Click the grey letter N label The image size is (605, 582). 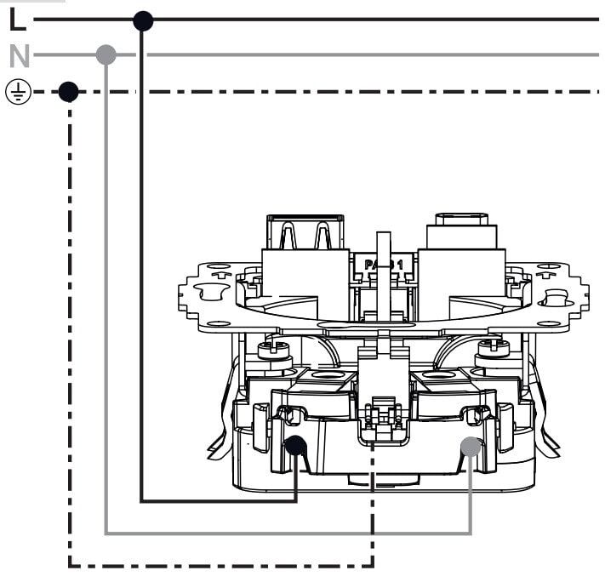(19, 57)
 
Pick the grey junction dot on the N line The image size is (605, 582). (106, 55)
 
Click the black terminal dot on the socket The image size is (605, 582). (295, 445)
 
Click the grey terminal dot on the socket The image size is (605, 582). (471, 445)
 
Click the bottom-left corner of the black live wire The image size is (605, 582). (143, 501)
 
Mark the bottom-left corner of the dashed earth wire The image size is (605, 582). (69, 564)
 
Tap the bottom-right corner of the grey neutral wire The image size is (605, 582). (471, 533)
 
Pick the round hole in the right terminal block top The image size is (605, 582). (438, 375)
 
